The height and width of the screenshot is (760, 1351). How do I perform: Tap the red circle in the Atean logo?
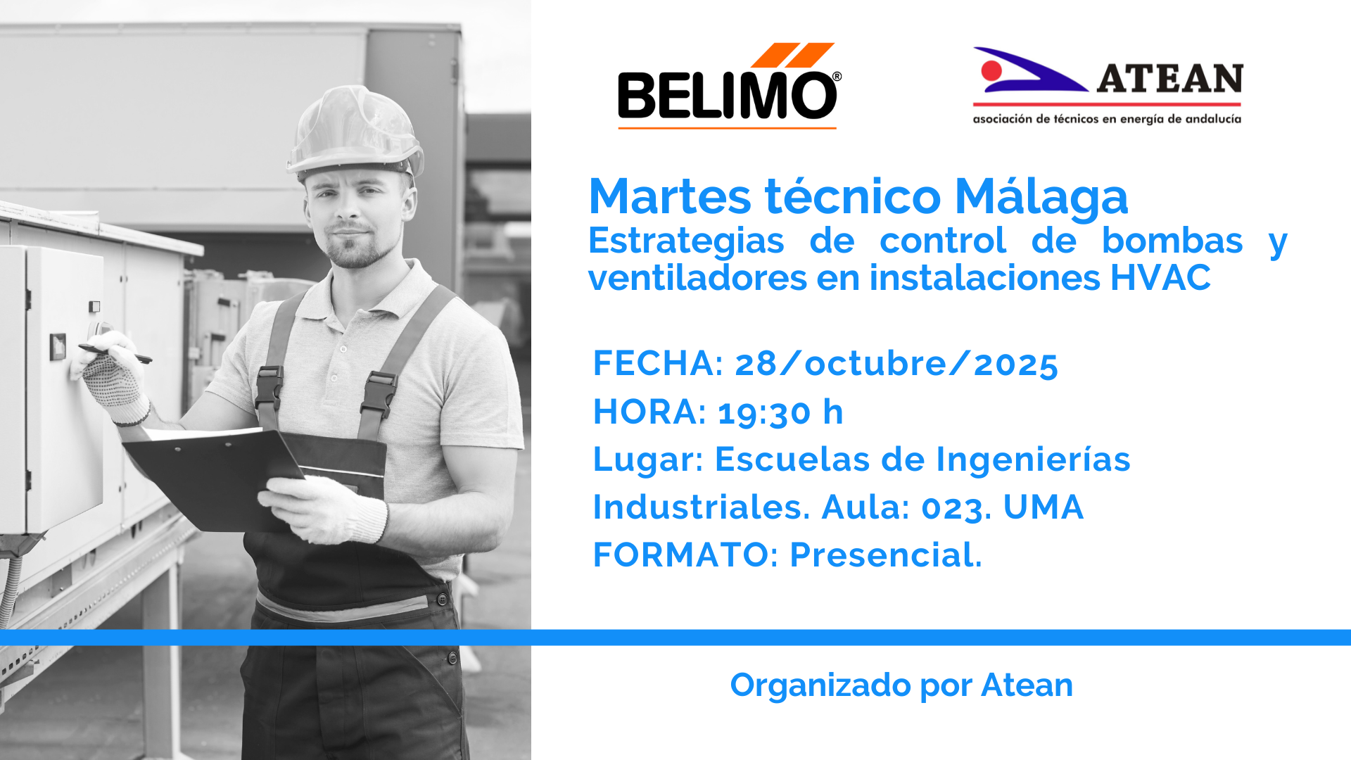coord(991,70)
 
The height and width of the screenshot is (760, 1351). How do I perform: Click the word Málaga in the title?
coord(1041,196)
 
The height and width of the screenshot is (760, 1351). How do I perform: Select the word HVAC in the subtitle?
coord(1160,277)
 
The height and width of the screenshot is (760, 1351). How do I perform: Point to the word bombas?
coord(1172,241)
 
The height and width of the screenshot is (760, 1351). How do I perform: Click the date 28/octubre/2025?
coord(896,364)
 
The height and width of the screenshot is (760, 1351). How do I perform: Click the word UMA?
coord(1044,507)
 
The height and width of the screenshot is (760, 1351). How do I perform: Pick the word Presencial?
coord(886,555)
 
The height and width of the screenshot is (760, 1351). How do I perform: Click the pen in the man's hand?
coord(115,354)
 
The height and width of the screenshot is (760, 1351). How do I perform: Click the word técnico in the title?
coord(853,196)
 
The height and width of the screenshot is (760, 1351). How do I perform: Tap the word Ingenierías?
coord(1033,460)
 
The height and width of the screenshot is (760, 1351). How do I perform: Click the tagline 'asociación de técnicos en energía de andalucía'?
coord(1107,119)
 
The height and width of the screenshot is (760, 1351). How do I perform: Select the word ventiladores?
coord(697,277)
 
